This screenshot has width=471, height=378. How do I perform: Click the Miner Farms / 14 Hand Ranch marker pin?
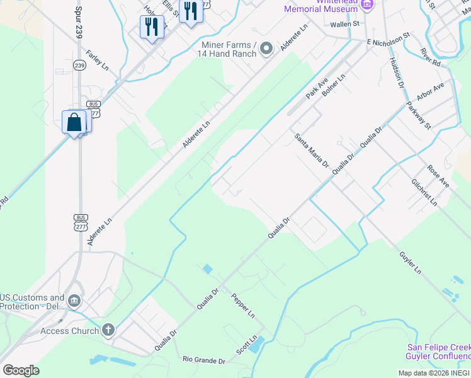(x=266, y=49)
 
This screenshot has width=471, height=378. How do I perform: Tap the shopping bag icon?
(x=74, y=122)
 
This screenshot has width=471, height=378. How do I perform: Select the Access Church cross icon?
(x=108, y=329)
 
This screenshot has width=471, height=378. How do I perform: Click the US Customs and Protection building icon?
(x=75, y=301)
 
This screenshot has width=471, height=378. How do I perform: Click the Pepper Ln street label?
(x=242, y=306)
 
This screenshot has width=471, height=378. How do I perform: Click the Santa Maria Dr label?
(x=312, y=150)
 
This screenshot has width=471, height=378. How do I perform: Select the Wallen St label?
(x=344, y=24)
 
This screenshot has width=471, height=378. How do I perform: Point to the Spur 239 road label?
(x=79, y=23)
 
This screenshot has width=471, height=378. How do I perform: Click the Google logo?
(x=21, y=370)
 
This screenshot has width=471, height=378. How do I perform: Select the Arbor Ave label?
(x=430, y=91)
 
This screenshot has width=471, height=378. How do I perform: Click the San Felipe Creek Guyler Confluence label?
(x=438, y=352)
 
